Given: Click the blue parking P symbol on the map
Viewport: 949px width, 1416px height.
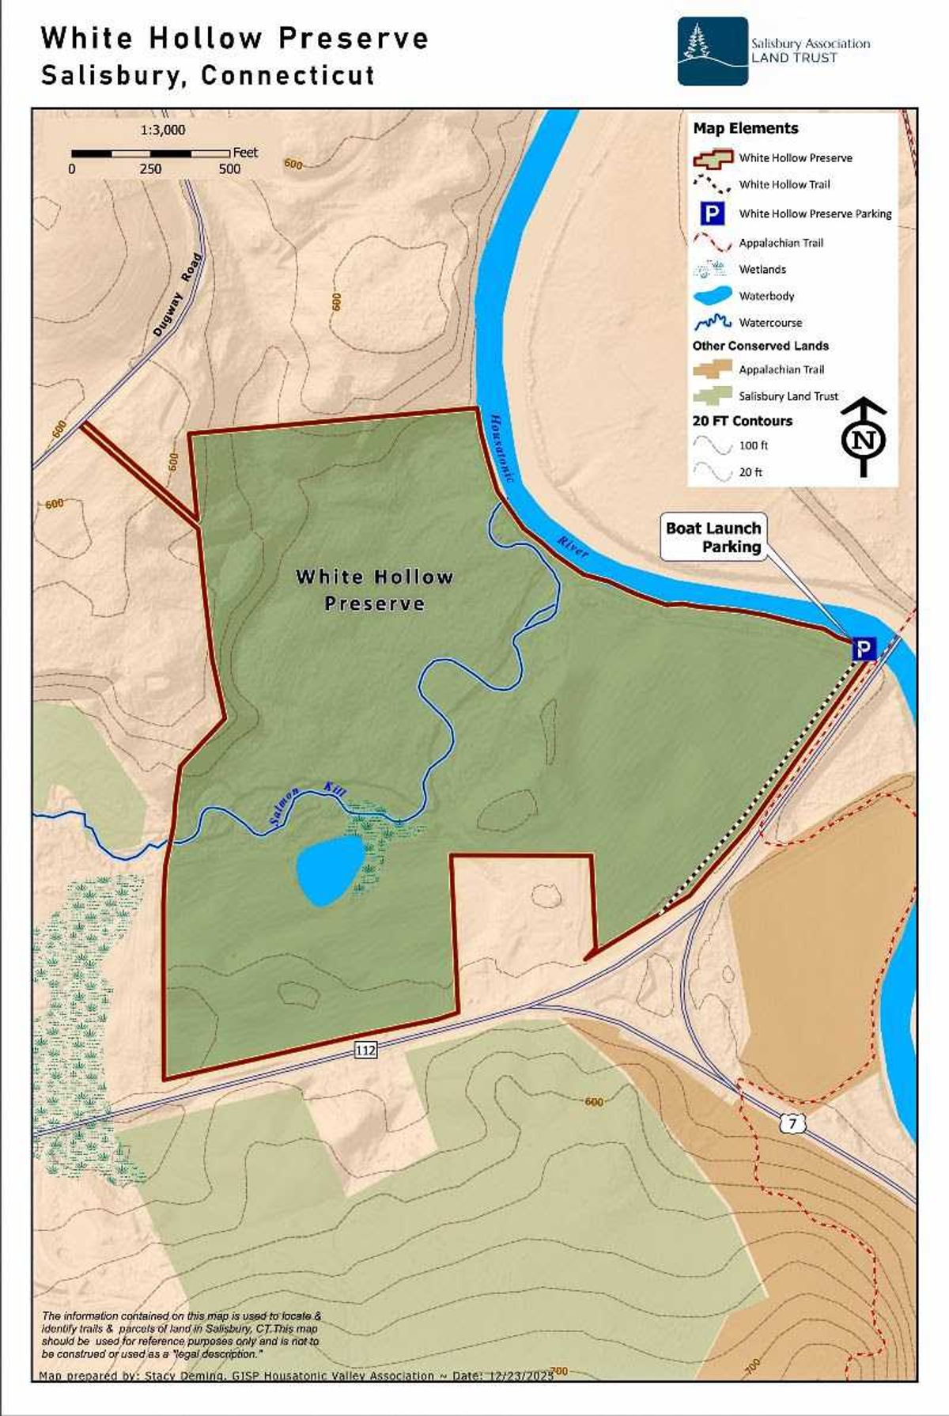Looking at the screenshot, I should pos(864,650).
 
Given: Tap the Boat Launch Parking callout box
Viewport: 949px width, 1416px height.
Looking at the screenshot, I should pos(713,537).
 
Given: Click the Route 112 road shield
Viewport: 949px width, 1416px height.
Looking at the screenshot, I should pos(365,1049).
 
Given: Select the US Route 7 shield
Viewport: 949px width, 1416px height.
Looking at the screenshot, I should pos(792,1123).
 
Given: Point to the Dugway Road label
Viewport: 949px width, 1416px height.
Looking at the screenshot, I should pos(178,294).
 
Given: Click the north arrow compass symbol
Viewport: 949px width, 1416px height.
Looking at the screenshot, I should pos(864,437).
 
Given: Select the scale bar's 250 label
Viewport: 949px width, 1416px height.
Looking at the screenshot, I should pos(150,169).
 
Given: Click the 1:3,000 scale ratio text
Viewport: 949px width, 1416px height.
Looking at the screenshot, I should pos(163,130).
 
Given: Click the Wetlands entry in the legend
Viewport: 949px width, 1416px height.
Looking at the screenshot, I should pos(762,270).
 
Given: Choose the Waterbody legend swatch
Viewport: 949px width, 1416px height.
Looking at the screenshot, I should pos(712,297).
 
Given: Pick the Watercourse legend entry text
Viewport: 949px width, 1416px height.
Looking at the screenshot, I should pos(770,323).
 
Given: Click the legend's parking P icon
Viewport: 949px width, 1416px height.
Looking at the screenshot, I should pos(713,214).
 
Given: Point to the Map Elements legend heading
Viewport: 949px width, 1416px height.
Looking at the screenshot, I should pos(745,128).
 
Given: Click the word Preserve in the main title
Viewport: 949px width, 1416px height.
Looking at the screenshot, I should pos(353,38).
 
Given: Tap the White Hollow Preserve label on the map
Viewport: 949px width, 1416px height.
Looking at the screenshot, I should pos(374,589).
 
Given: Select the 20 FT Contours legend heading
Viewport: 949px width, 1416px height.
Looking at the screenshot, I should pos(742,421).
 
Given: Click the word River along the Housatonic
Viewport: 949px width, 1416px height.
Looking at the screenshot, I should pos(573,547).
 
